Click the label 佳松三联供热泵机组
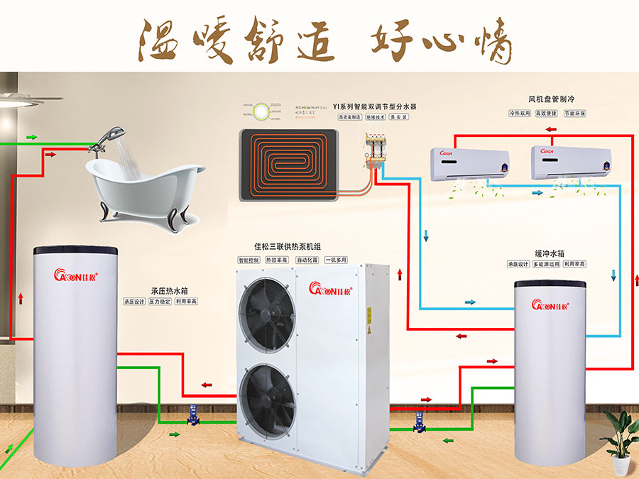(x=292, y=247)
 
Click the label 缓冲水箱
(x=550, y=253)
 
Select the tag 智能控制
(x=249, y=260)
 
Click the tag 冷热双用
(x=520, y=114)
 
